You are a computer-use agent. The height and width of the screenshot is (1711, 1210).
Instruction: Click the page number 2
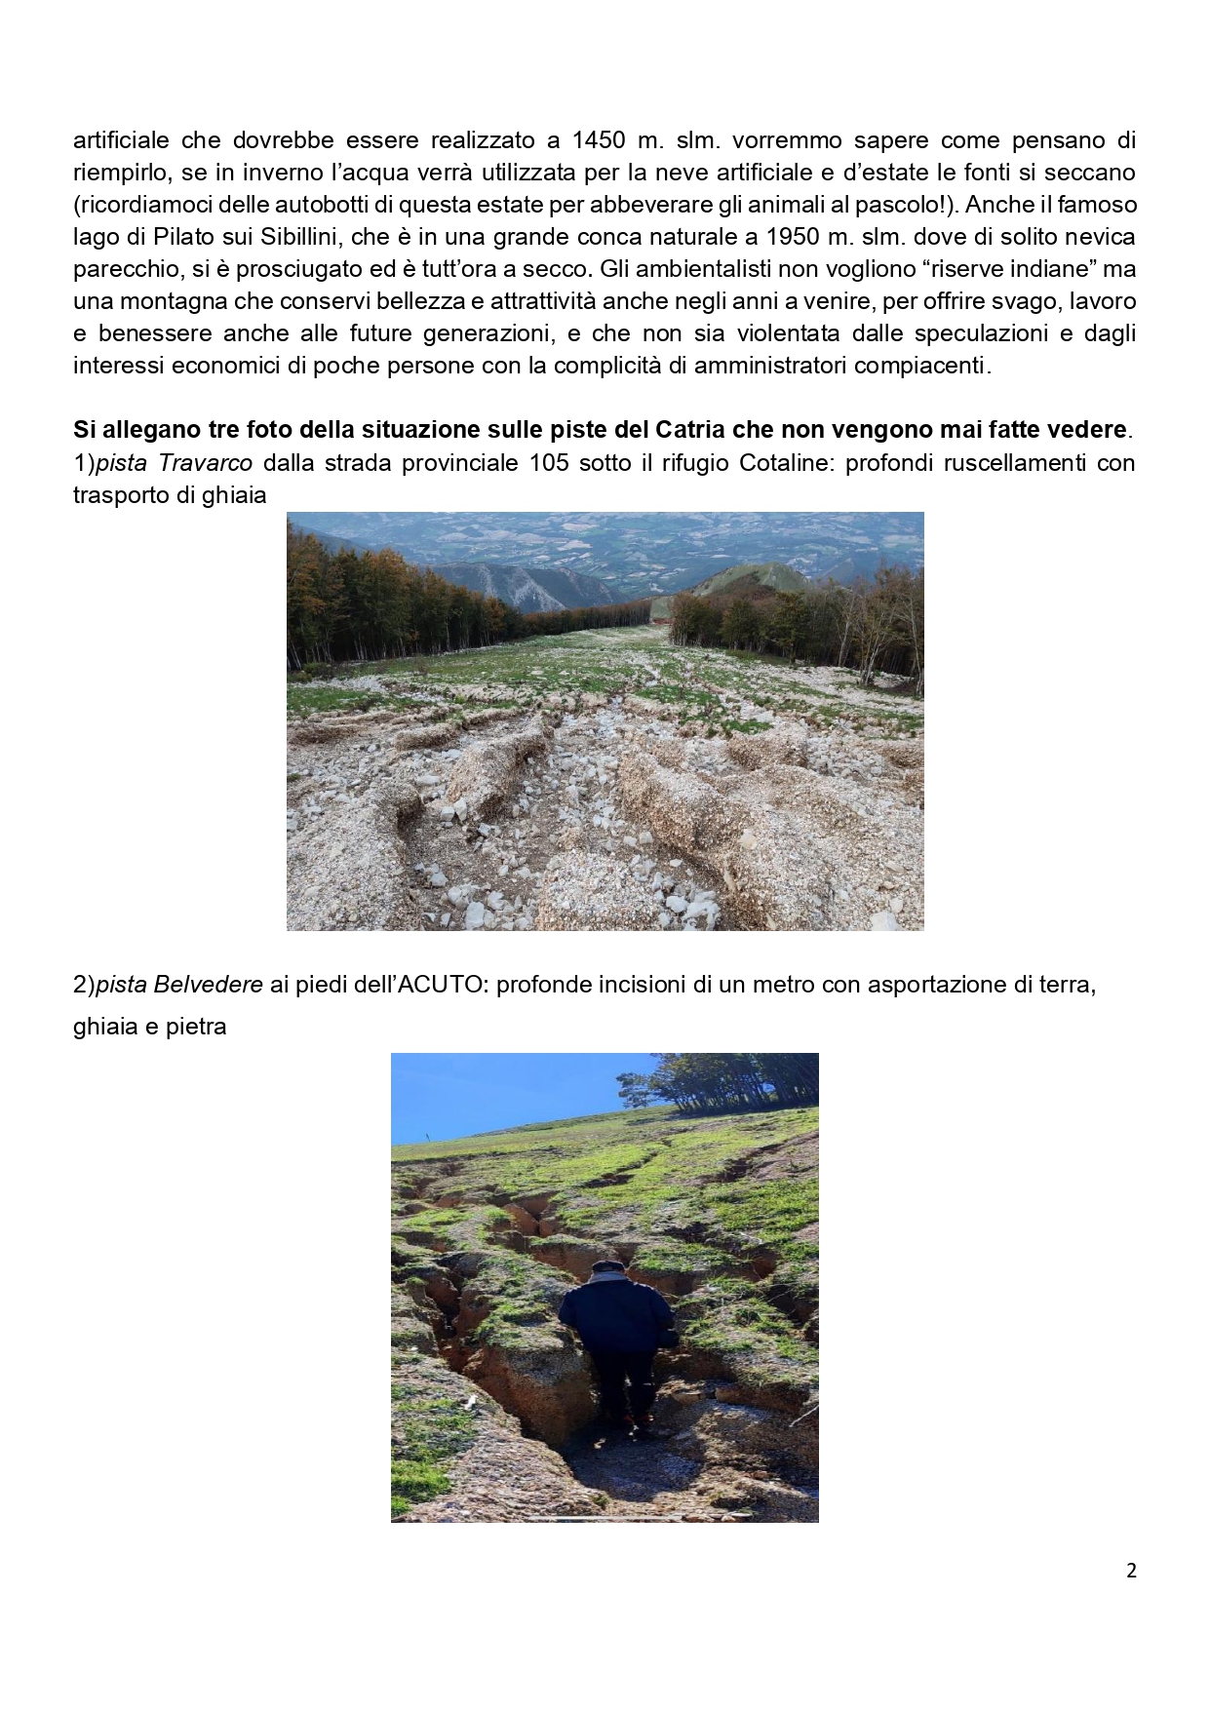coord(1131,1571)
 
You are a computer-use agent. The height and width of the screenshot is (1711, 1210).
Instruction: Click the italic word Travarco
coord(205,462)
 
